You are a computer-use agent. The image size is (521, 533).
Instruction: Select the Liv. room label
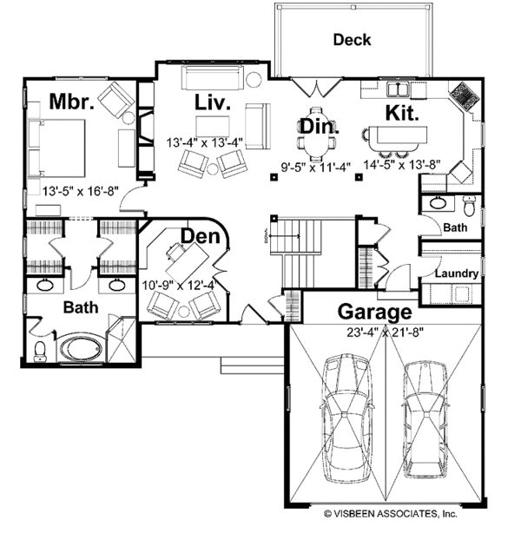(211, 103)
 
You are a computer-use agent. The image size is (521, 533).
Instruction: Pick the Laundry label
(456, 273)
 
